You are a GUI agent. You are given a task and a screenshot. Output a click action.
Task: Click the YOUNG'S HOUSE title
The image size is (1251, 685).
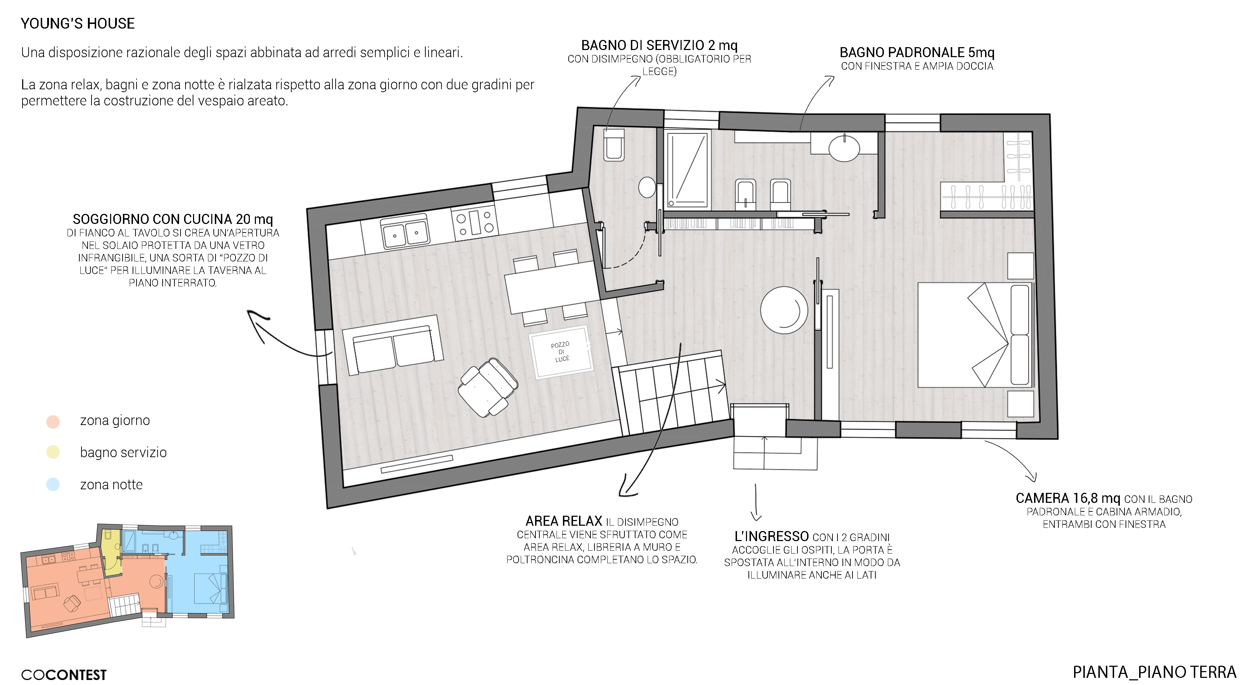pos(78,23)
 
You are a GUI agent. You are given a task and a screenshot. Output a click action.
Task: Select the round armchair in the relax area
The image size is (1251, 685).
pos(784,310)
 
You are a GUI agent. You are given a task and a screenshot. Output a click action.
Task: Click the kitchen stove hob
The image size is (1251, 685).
pos(474,222)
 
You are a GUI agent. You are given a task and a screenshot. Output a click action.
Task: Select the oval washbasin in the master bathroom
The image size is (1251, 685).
pos(844,147)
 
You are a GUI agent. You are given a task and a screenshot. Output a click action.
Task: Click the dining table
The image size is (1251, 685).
pos(552,287)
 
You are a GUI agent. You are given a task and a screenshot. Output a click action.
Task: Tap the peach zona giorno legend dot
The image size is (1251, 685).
pos(53,421)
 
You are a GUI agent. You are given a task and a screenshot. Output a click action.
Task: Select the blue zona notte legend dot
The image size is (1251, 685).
pos(53,484)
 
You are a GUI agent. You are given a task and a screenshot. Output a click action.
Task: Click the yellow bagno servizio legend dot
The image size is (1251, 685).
pos(53,452)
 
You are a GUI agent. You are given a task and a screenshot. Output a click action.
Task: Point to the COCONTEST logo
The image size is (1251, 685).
pos(64,675)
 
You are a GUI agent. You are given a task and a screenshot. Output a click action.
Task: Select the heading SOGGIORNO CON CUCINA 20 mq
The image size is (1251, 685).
pos(173,219)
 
